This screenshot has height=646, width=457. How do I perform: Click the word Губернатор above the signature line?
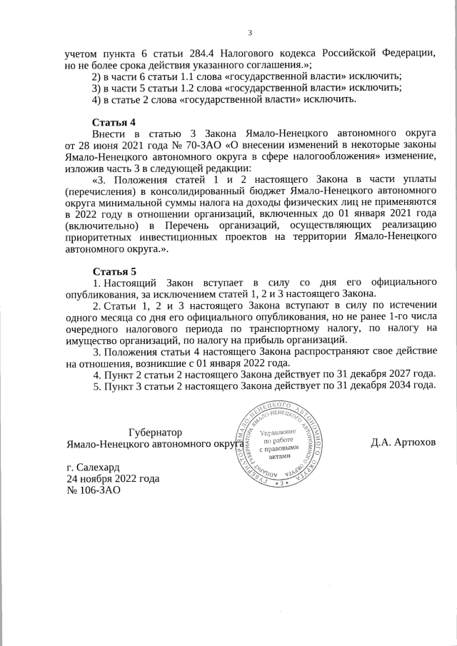(x=154, y=433)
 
